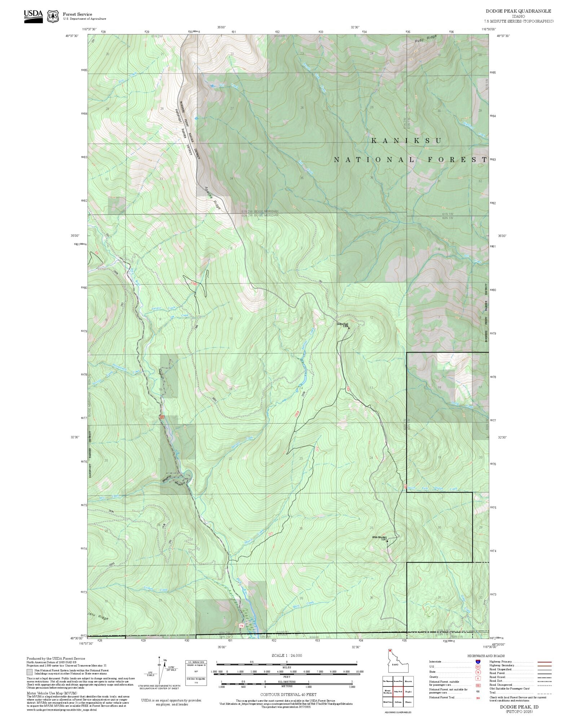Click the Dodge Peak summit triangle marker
click(x=349, y=328)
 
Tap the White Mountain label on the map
click(x=379, y=538)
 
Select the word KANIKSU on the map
click(x=406, y=141)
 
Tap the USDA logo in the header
click(x=33, y=16)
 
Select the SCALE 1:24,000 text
click(x=287, y=655)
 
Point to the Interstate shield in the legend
click(x=478, y=662)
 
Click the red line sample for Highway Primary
click(x=545, y=662)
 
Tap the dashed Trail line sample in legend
click(x=545, y=693)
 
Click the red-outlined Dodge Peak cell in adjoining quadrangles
click(x=398, y=692)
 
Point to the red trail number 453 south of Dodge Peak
click(x=348, y=389)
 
